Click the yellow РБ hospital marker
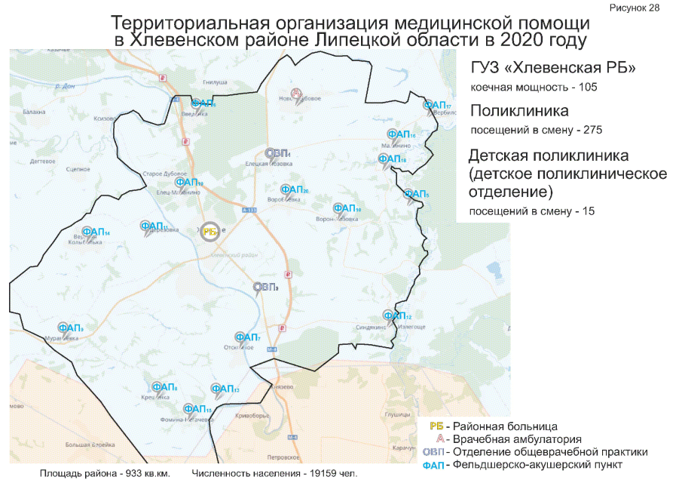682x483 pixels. point(210,232)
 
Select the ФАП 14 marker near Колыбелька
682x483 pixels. point(95,232)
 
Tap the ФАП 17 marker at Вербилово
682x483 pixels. point(436,106)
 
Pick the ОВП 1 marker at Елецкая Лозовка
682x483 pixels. point(276,154)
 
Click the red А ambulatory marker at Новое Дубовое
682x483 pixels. point(297,94)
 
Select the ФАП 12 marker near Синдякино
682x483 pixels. point(396,315)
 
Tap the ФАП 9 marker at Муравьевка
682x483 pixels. point(69,328)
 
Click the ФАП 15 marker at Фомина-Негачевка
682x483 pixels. point(197,409)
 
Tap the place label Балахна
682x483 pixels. point(34,112)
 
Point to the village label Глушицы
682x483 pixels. point(396,414)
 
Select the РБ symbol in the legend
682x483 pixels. point(435,426)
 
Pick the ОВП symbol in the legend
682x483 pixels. point(433,452)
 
